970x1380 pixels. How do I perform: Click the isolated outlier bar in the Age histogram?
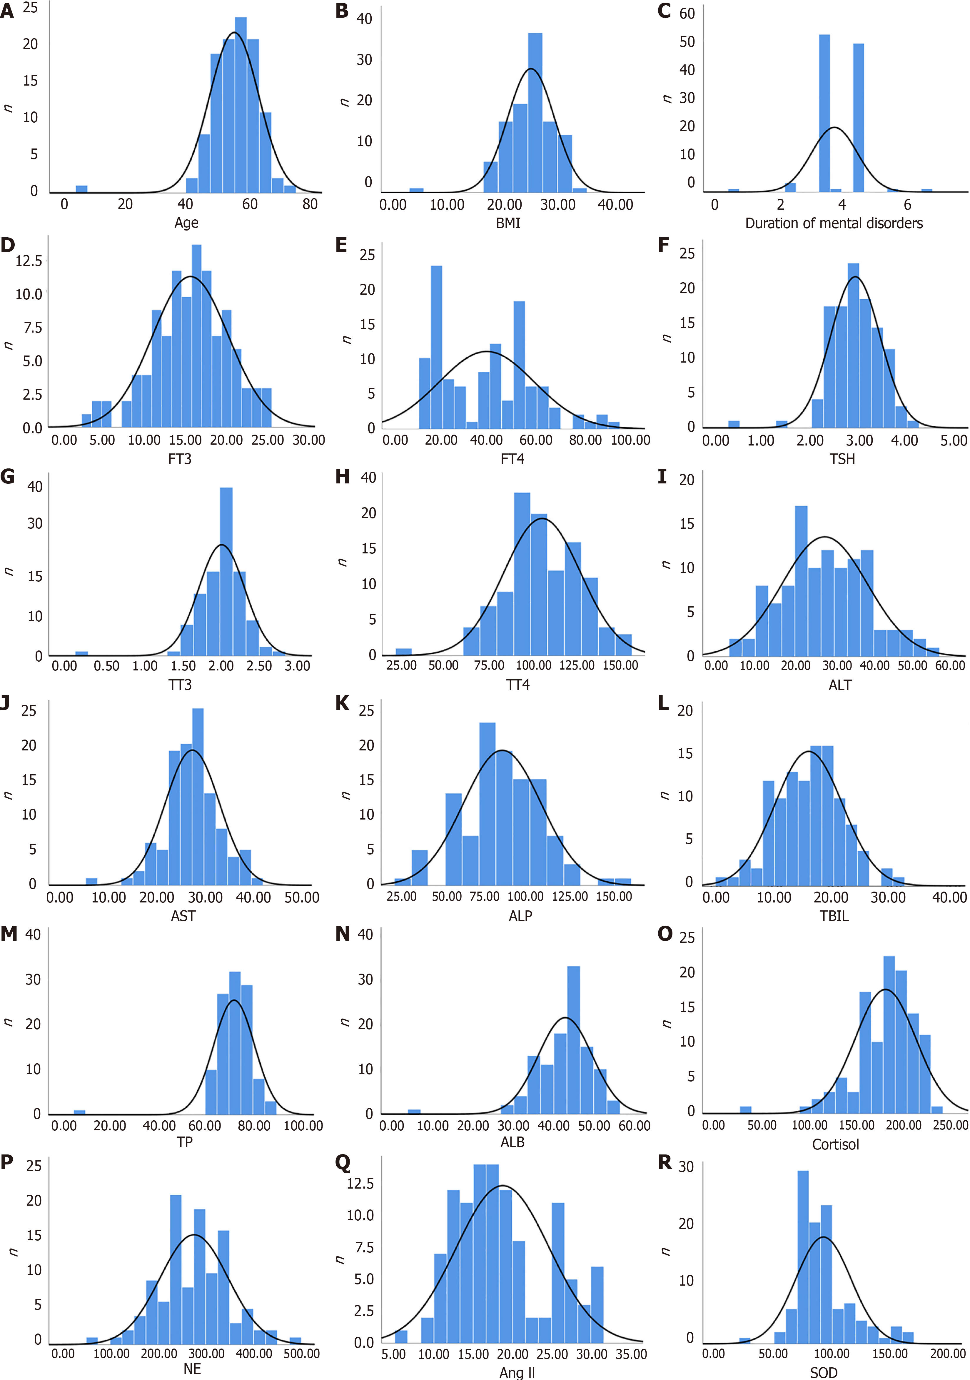click(81, 189)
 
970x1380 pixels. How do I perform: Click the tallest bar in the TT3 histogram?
click(226, 571)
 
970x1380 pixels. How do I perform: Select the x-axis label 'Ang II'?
click(517, 1373)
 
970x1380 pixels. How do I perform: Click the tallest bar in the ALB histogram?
click(573, 1040)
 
